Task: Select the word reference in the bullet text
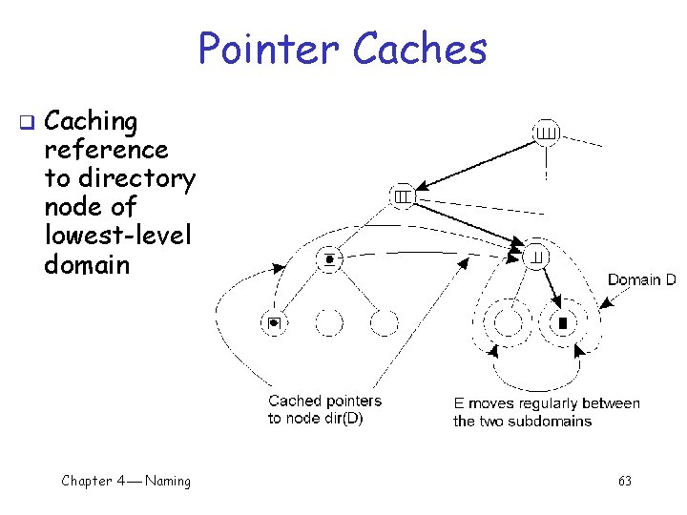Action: (106, 150)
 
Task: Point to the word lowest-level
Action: (117, 236)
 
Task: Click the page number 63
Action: (624, 481)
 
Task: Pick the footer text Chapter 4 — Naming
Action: (126, 481)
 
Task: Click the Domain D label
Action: (641, 280)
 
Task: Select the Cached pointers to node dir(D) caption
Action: (324, 410)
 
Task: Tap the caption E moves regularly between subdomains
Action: (546, 412)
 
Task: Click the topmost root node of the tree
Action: (546, 132)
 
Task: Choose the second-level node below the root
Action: (403, 196)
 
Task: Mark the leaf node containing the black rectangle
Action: (563, 323)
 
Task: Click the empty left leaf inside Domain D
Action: (508, 323)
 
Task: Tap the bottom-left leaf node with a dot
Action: (274, 323)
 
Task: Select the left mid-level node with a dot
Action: (329, 258)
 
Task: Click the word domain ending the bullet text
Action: (87, 264)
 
